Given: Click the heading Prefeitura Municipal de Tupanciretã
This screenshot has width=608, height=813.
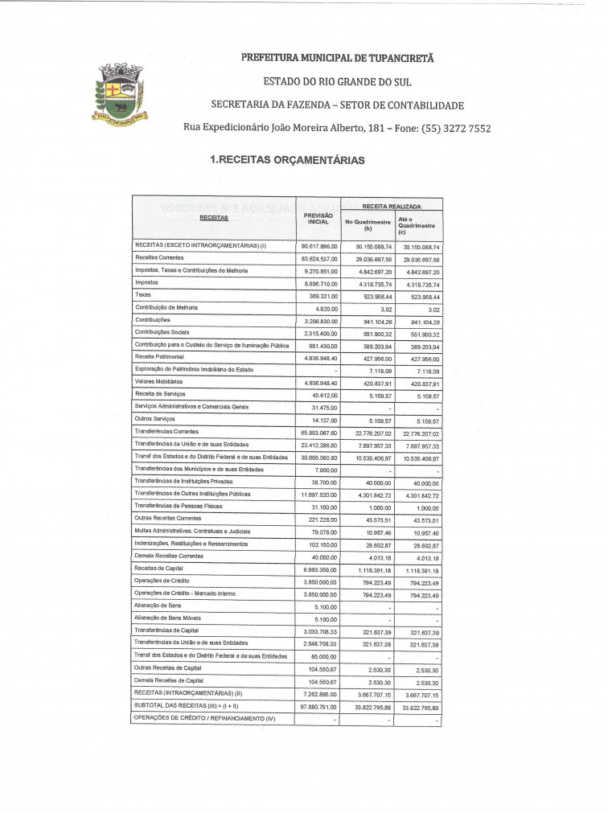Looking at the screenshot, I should [x=337, y=58].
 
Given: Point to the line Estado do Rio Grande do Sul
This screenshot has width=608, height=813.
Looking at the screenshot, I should [x=337, y=81].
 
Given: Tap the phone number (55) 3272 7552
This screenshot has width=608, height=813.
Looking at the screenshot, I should [x=450, y=129].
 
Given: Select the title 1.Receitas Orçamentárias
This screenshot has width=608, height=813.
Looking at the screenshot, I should [x=286, y=160].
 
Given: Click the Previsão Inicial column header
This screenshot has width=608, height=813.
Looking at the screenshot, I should [x=318, y=219].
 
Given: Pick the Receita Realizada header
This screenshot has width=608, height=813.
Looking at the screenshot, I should [x=391, y=206].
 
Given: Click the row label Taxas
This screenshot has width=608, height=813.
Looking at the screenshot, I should [x=142, y=295].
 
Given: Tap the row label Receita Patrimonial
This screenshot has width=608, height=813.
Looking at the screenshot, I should [x=159, y=356].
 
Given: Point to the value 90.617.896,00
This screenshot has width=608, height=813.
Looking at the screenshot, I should [x=319, y=246].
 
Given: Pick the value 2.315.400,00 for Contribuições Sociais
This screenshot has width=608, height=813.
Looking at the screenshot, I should [x=319, y=332].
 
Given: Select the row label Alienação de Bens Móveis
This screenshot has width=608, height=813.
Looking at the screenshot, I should [x=166, y=618].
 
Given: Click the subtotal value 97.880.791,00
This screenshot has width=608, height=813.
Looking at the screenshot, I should [x=319, y=706].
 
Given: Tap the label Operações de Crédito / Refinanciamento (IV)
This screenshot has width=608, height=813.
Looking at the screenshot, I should [x=204, y=717].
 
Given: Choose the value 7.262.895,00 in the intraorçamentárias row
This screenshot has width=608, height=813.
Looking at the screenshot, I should [x=319, y=693].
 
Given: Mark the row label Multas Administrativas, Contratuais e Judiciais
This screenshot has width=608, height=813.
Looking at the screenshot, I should [x=192, y=531].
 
